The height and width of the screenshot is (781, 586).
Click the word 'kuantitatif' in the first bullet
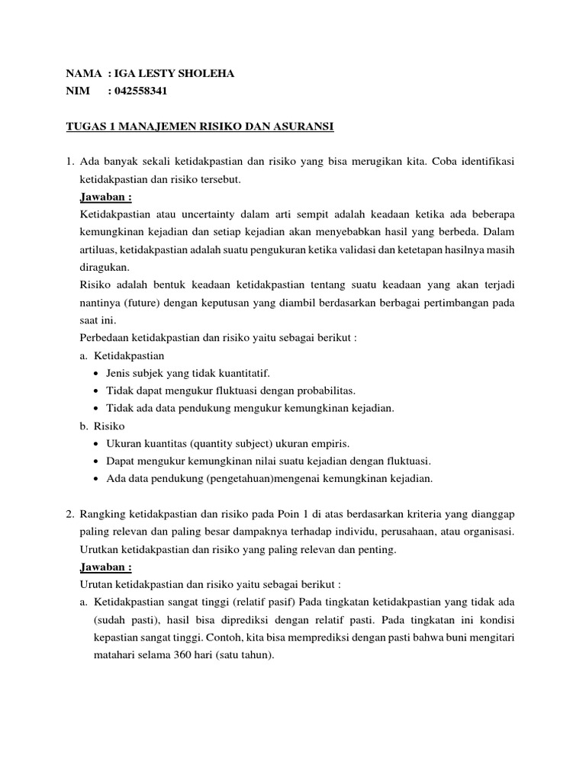coord(243,373)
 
